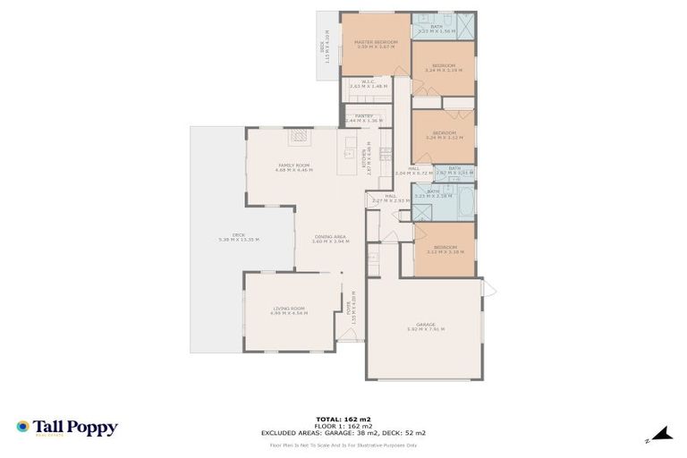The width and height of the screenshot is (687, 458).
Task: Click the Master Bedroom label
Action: click(375, 44)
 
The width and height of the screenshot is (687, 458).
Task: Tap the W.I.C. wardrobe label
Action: click(367, 85)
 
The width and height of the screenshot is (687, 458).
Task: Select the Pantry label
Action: click(363, 118)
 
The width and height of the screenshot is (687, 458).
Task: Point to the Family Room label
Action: click(293, 167)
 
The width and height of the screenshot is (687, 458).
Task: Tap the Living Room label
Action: click(290, 310)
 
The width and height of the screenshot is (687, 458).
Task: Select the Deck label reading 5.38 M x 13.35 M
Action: click(239, 238)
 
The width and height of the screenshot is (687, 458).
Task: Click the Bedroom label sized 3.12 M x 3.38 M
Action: click(445, 250)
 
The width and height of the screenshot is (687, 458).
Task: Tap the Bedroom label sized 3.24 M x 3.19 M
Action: click(444, 67)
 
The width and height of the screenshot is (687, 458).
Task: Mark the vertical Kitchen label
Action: click(364, 158)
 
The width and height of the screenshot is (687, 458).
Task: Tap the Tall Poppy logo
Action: click(66, 428)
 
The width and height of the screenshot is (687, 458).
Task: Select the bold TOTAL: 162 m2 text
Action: click(343, 419)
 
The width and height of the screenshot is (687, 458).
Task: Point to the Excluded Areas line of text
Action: click(343, 432)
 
